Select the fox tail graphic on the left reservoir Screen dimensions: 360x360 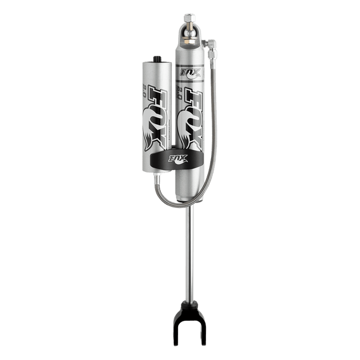coord(151,133)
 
